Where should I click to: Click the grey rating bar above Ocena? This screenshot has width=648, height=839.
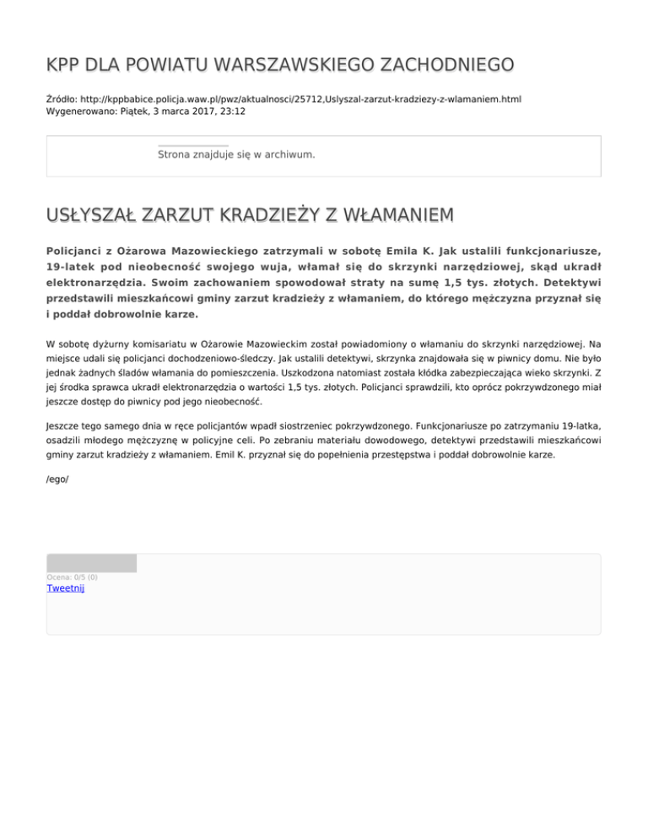91,563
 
